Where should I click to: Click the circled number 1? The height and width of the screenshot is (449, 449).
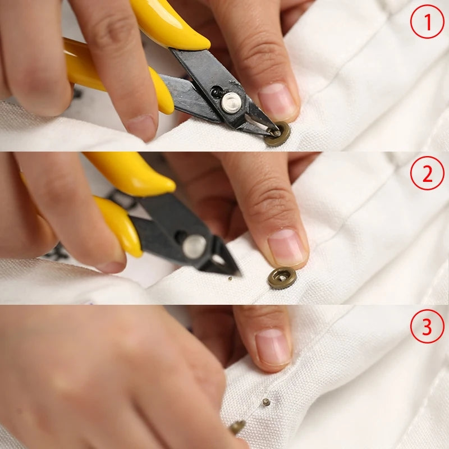(427, 21)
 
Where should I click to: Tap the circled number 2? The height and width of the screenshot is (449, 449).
(427, 173)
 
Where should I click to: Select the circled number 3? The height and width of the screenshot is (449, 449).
(427, 326)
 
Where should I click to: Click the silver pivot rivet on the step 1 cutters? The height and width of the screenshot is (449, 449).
(231, 102)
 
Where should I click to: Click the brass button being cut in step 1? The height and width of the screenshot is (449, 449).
(277, 134)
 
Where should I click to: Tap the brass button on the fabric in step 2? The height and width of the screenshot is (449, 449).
(282, 278)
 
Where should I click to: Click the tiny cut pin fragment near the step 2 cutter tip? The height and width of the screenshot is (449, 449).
(230, 278)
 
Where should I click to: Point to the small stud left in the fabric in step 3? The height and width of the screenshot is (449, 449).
(266, 402)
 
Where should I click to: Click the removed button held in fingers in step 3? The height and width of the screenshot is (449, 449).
(237, 427)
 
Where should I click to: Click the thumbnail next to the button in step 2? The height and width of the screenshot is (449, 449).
(287, 247)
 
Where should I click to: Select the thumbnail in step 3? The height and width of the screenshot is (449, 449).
(273, 347)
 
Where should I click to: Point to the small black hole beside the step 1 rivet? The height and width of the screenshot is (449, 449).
(216, 91)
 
